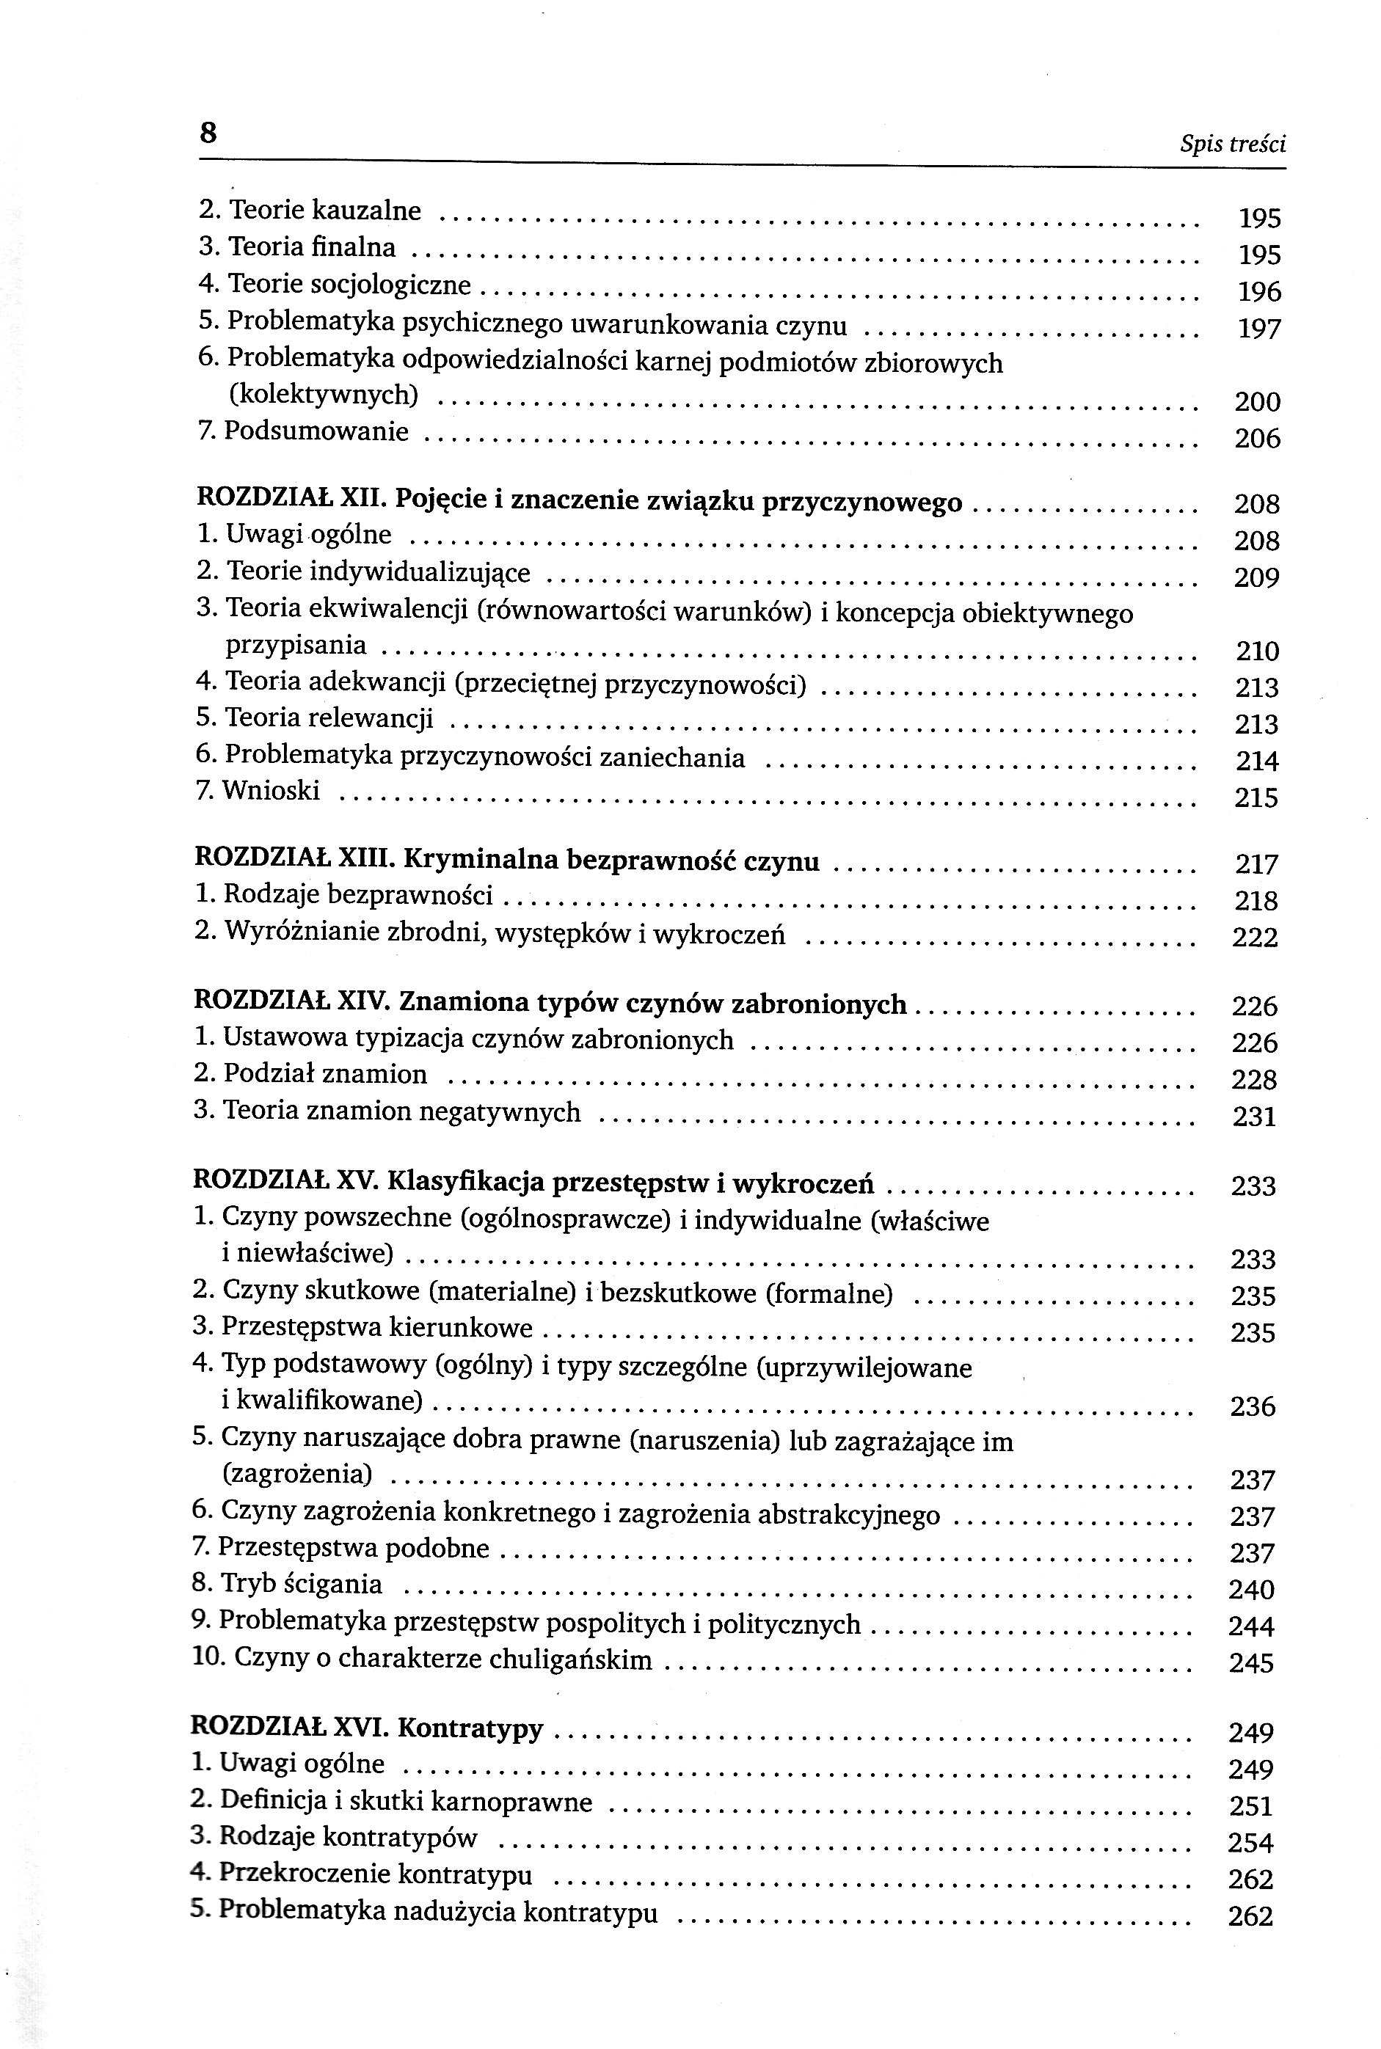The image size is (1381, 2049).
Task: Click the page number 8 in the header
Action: tap(208, 133)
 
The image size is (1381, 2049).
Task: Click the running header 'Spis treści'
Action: tap(1232, 145)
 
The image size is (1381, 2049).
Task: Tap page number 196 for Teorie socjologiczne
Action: tap(1258, 291)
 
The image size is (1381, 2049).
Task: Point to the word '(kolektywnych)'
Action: tap(323, 395)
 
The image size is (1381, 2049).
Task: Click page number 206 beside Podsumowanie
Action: tap(1257, 439)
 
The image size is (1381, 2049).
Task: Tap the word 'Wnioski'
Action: tap(270, 791)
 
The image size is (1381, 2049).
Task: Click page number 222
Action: tap(1254, 938)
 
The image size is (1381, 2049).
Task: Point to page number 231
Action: tap(1254, 1117)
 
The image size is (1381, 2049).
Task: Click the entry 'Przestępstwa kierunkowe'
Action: tap(376, 1327)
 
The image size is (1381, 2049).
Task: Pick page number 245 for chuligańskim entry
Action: tap(1250, 1663)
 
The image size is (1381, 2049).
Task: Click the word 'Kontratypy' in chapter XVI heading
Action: tap(470, 1728)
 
